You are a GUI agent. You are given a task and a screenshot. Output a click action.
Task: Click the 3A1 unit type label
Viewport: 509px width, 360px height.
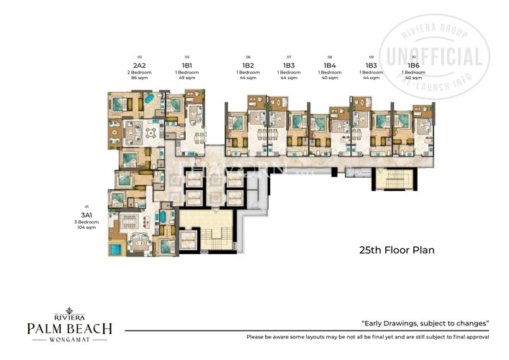(x=87, y=215)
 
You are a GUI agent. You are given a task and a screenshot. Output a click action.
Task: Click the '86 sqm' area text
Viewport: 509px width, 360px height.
(x=139, y=78)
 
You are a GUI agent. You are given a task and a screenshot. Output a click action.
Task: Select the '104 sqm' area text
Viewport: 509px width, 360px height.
(x=87, y=229)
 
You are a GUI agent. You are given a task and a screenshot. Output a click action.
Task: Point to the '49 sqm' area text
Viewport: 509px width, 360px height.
(x=186, y=78)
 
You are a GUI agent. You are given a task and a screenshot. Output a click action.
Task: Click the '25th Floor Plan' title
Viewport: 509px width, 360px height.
(x=397, y=251)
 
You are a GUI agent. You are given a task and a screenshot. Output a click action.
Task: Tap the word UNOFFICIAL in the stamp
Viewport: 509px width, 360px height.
(x=435, y=58)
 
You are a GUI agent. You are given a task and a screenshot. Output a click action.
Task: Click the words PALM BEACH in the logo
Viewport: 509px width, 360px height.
(x=70, y=329)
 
